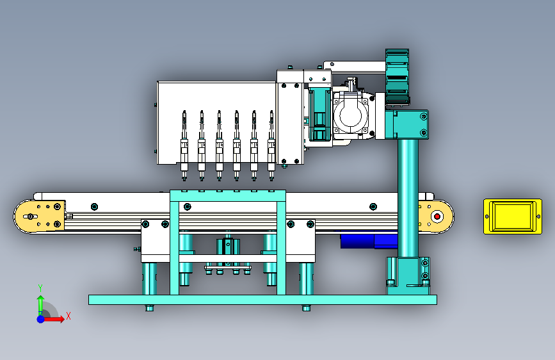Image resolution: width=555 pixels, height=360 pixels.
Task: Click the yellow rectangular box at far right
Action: (513, 217)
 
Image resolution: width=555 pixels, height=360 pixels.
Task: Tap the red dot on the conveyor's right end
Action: (437, 216)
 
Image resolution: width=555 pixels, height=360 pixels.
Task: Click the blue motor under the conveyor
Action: (369, 240)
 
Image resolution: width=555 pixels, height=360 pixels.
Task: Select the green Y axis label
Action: (40, 288)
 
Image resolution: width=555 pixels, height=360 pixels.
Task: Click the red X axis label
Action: (68, 316)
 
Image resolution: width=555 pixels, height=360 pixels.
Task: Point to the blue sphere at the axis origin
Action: (41, 319)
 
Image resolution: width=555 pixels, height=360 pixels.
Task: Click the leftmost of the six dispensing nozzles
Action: (184, 145)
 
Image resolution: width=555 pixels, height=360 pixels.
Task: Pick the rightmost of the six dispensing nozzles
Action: (271, 145)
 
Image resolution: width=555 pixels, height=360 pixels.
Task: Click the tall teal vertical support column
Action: (408, 198)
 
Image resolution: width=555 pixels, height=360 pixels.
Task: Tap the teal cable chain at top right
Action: (397, 77)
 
